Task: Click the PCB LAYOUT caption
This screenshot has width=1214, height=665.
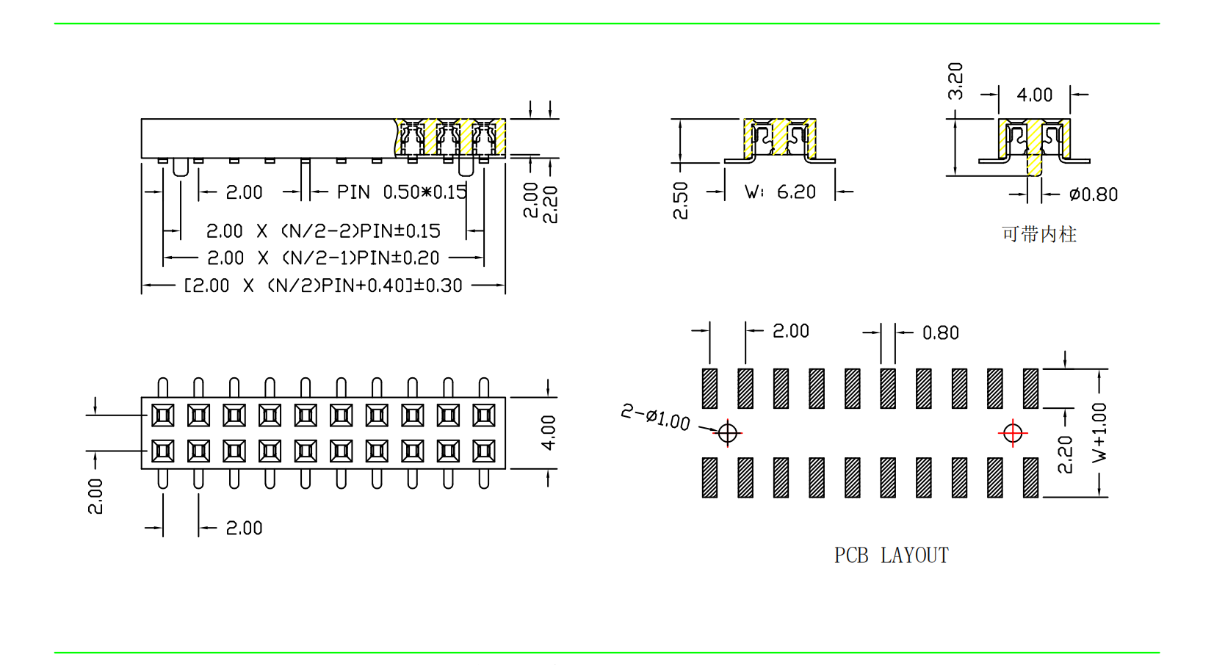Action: pos(891,556)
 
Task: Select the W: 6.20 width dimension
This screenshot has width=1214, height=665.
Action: pos(780,192)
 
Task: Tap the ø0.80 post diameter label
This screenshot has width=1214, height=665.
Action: pos(1094,195)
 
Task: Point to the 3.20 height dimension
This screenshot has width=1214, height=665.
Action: pos(955,81)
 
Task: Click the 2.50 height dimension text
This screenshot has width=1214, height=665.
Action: pos(681,200)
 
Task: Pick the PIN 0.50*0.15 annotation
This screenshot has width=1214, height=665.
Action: pos(402,192)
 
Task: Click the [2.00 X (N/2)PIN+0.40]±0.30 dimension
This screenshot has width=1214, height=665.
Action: pos(323,286)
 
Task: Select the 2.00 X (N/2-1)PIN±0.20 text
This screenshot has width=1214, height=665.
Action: pos(323,258)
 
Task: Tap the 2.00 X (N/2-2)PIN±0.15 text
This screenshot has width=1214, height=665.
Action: pos(323,231)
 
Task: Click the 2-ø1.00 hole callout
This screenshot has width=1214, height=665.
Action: pos(656,418)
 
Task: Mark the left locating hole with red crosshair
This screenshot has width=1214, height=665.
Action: pos(727,433)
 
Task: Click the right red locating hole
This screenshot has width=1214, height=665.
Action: pos(1013,433)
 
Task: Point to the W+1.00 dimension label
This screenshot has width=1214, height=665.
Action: pos(1099,432)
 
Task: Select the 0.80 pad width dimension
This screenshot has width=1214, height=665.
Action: pos(941,333)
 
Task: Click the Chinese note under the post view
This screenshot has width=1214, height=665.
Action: pos(1038,234)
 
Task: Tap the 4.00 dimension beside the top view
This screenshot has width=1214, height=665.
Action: pos(548,432)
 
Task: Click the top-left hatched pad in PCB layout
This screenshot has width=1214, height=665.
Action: pos(709,388)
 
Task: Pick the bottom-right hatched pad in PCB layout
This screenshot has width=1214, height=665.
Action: pos(1030,478)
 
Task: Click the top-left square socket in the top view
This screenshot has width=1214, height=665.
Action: pos(163,416)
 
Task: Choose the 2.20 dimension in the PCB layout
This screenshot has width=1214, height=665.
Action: pos(1065,454)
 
